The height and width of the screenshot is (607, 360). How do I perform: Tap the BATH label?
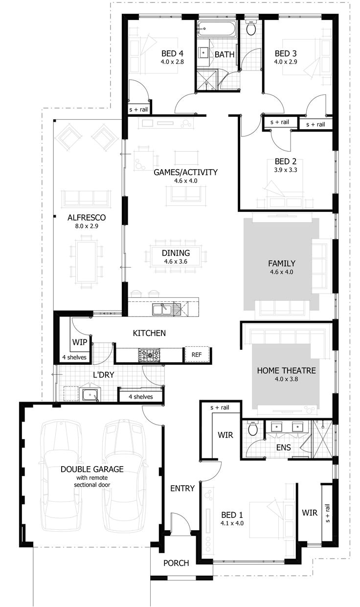(225, 54)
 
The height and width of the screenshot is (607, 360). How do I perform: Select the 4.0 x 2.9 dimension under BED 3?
(286, 62)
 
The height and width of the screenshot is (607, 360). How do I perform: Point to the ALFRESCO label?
(87, 217)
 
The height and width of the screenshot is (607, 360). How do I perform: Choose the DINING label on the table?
(176, 253)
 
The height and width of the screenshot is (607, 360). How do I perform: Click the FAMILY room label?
(281, 263)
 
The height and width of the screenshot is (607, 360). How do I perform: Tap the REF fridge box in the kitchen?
(197, 355)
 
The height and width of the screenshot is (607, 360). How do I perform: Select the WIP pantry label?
(80, 342)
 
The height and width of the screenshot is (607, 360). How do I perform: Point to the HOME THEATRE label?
(286, 370)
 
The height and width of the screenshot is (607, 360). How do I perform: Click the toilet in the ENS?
(253, 429)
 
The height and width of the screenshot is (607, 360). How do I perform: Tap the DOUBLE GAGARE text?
(92, 469)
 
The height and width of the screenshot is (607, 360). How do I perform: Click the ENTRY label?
(182, 488)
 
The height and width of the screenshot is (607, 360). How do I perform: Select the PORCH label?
(176, 563)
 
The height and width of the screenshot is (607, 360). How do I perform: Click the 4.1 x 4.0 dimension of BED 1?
(232, 523)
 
